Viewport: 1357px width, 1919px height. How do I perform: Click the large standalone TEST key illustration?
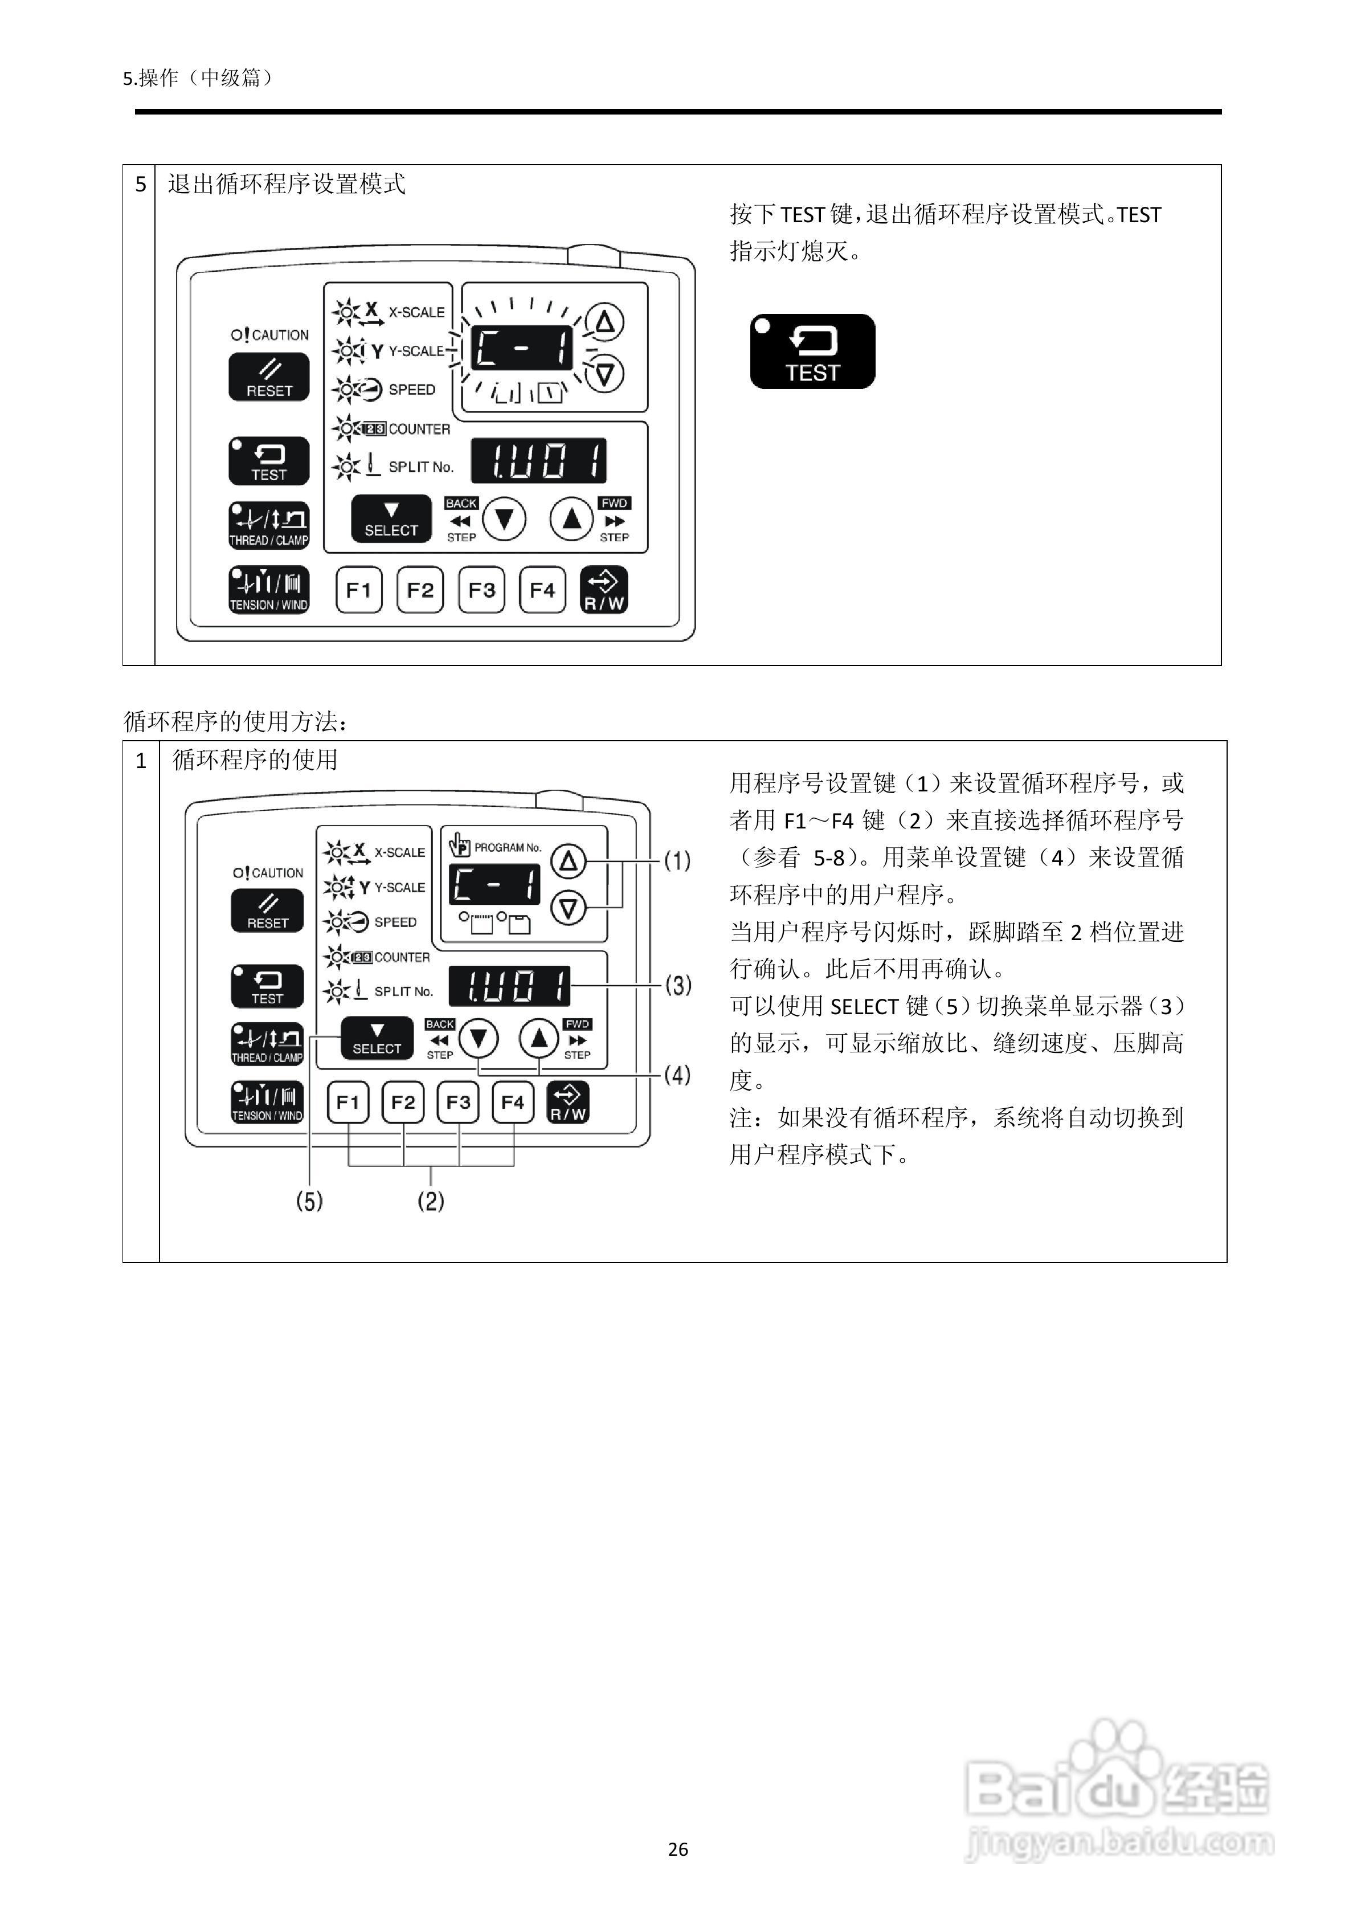click(x=812, y=352)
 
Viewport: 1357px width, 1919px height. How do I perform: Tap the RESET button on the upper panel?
click(x=269, y=378)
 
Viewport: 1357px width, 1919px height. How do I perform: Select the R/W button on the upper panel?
click(x=603, y=590)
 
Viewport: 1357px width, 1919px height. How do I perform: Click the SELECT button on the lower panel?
click(x=377, y=1038)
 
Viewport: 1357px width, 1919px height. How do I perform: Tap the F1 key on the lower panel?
click(x=348, y=1103)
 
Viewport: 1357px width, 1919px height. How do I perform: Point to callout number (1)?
click(x=677, y=861)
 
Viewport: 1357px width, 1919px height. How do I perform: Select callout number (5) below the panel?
click(x=309, y=1202)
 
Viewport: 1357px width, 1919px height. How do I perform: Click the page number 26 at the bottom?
click(x=678, y=1849)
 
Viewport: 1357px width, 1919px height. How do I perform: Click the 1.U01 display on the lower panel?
click(x=510, y=986)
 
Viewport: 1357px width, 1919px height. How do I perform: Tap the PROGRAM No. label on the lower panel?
click(x=507, y=847)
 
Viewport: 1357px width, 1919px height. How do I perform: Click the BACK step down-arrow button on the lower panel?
click(x=479, y=1039)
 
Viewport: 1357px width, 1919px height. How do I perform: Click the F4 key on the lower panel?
click(x=512, y=1103)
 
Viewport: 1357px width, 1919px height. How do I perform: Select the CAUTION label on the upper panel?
click(x=270, y=335)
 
